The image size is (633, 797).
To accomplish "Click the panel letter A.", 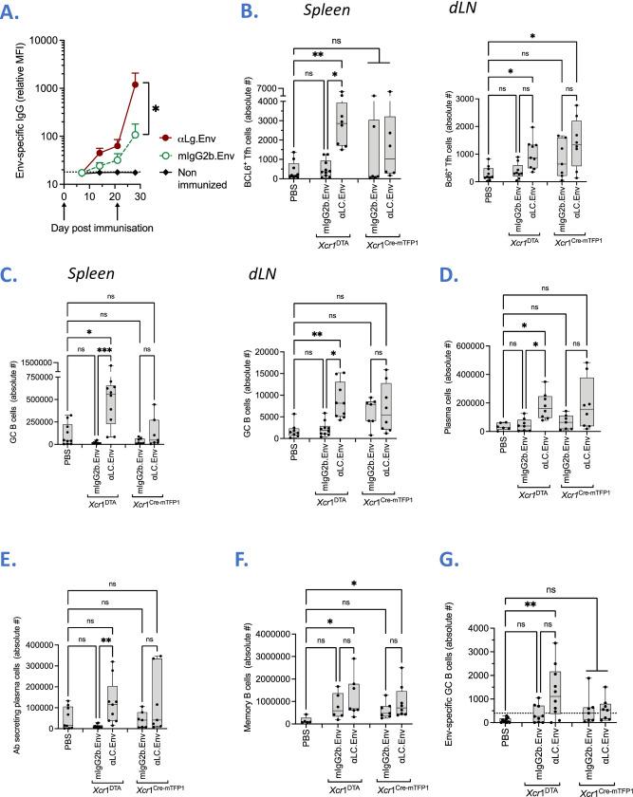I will pyautogui.click(x=16, y=12).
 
